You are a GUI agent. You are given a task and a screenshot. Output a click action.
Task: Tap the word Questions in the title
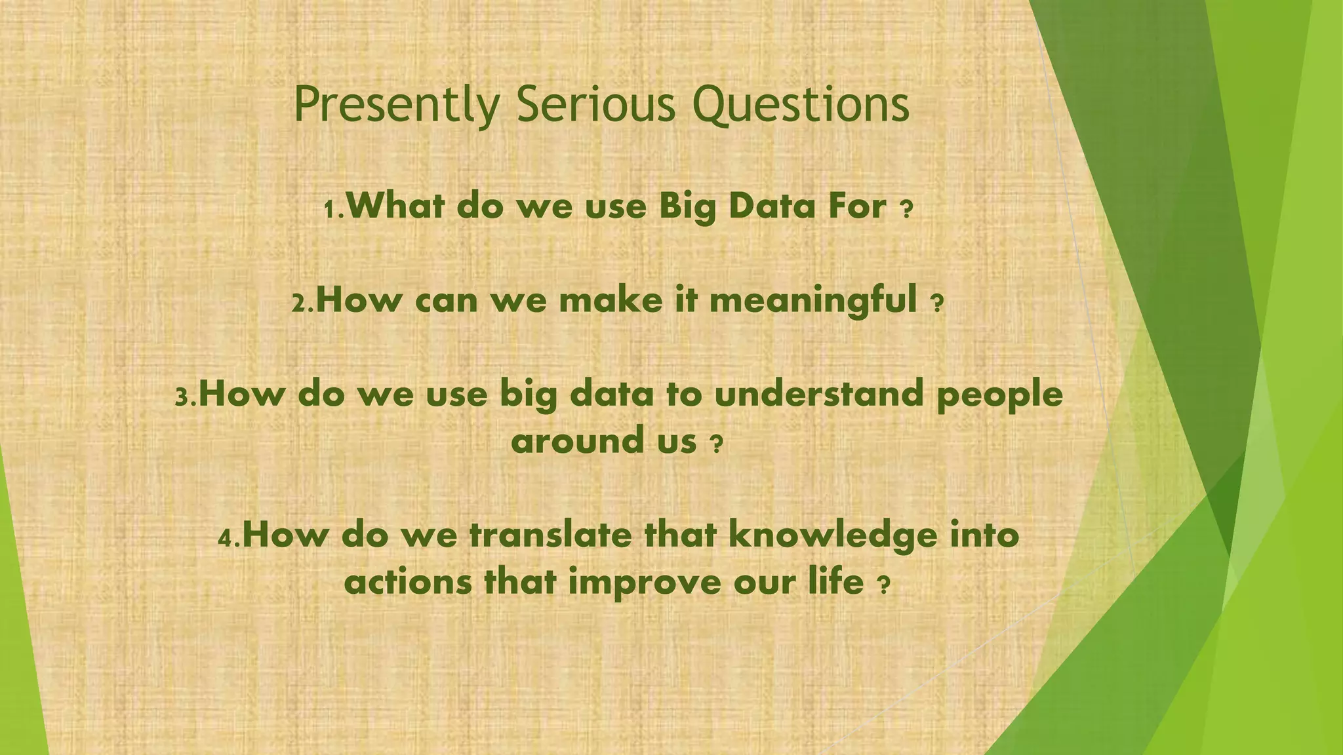coord(801,105)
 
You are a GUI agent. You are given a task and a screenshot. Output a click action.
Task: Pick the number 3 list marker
coord(183,397)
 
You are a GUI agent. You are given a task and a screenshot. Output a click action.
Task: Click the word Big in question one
coord(687,207)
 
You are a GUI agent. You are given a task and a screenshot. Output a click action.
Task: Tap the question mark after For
coord(906,210)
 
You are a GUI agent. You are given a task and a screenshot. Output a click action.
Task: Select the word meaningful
coord(813,301)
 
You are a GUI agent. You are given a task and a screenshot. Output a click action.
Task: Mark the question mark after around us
coord(716,445)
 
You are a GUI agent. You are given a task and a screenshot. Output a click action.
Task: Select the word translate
coord(551,535)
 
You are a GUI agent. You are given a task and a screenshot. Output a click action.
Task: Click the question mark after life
coord(883,585)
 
